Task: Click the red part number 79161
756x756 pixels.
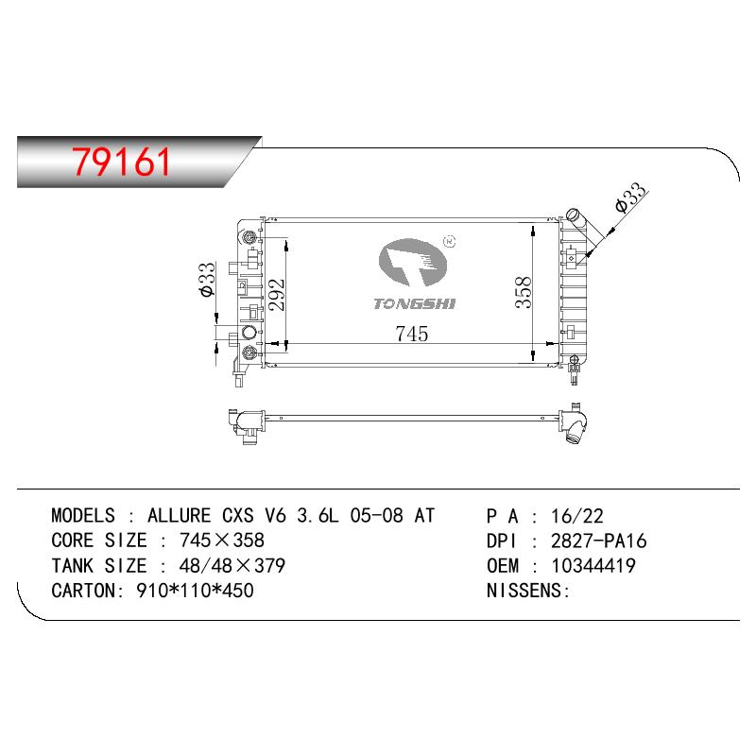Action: tap(122, 162)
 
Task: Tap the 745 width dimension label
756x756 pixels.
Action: tap(412, 334)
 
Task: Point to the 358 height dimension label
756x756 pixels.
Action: tap(524, 292)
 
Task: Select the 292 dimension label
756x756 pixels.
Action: tap(277, 295)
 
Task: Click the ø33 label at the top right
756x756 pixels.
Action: tap(630, 197)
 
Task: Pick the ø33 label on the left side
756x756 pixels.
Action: tap(206, 280)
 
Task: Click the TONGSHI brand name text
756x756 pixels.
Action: tap(414, 303)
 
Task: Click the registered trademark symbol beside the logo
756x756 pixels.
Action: tap(450, 241)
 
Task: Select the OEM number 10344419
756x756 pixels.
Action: tap(593, 565)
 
